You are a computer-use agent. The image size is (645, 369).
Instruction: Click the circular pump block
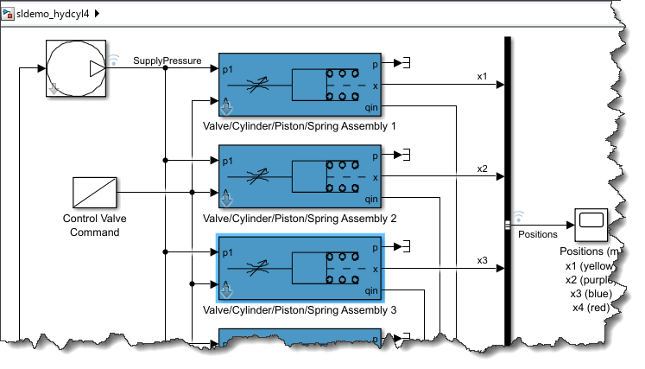pos(75,67)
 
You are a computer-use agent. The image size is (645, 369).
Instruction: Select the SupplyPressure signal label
pos(167,61)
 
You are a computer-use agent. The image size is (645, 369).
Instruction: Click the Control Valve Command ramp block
pos(94,191)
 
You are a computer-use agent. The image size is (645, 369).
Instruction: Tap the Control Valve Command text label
pos(91,226)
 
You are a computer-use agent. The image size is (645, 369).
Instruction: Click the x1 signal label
pos(482,77)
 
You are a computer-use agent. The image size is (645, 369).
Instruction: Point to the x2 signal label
pos(482,169)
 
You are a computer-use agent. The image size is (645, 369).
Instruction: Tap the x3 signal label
pos(482,260)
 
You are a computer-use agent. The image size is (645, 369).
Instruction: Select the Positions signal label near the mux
pos(537,233)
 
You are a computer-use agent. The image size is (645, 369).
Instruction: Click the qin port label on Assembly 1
pos(371,107)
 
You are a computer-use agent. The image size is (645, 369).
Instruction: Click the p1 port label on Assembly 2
pos(228,161)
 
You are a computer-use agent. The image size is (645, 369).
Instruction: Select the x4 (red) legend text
pos(597,308)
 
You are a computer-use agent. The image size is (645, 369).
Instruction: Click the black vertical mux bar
pos(508,190)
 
